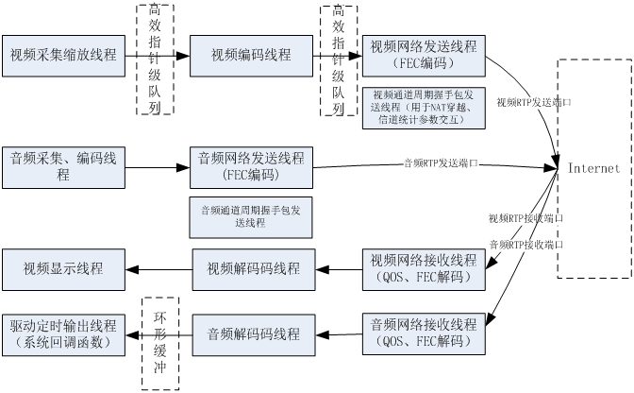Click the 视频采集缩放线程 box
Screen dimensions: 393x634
click(x=63, y=55)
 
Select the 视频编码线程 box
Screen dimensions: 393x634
click(x=252, y=55)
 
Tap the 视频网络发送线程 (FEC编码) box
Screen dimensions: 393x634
click(x=424, y=55)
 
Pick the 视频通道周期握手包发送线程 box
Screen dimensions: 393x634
click(x=424, y=108)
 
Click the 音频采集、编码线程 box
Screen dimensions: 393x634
click(x=63, y=165)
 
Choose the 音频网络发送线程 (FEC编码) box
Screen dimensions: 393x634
click(x=251, y=165)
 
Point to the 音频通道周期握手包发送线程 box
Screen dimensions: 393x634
click(x=251, y=216)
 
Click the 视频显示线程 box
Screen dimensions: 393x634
click(x=63, y=269)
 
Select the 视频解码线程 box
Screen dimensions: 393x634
click(x=253, y=269)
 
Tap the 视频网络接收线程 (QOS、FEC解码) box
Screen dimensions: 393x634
click(x=424, y=269)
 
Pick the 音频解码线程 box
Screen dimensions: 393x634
click(x=253, y=333)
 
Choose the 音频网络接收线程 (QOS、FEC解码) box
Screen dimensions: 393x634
click(x=424, y=333)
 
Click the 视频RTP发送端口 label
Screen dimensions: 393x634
click(x=534, y=102)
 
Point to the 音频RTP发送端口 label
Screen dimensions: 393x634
click(x=441, y=163)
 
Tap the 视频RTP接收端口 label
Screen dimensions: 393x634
click(x=526, y=219)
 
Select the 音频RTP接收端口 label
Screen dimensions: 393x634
click(x=526, y=246)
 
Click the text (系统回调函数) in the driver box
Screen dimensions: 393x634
click(x=63, y=343)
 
